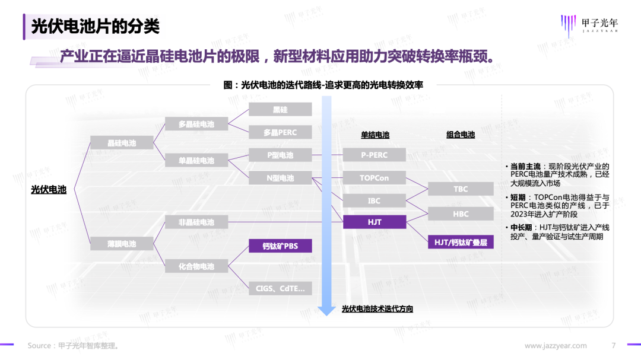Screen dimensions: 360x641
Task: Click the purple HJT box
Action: pyautogui.click(x=374, y=222)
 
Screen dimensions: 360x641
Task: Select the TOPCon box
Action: pyautogui.click(x=374, y=178)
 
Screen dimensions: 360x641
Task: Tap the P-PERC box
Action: pyautogui.click(x=374, y=155)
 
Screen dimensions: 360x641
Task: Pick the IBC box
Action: pyautogui.click(x=374, y=201)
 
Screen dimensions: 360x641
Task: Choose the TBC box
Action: pyautogui.click(x=461, y=189)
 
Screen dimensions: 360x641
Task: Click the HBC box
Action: pyautogui.click(x=461, y=214)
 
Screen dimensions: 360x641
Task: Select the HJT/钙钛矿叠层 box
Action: pyautogui.click(x=461, y=241)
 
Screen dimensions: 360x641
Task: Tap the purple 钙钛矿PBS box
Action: pyautogui.click(x=280, y=246)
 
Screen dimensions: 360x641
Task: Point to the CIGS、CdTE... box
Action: pyautogui.click(x=280, y=289)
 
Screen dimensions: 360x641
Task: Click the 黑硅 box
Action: pyautogui.click(x=280, y=110)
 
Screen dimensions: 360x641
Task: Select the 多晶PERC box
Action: pyautogui.click(x=280, y=132)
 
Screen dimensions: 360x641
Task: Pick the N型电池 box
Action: pyautogui.click(x=280, y=178)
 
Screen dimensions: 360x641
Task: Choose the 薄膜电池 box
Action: pyautogui.click(x=122, y=244)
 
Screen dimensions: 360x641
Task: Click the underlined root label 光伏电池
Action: pyautogui.click(x=49, y=190)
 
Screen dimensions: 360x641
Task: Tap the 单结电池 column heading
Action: pyautogui.click(x=375, y=135)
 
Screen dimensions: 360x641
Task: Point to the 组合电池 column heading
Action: pyautogui.click(x=461, y=135)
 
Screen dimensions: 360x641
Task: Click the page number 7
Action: pyautogui.click(x=614, y=346)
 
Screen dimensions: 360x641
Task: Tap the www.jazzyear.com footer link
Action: pyautogui.click(x=556, y=346)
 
